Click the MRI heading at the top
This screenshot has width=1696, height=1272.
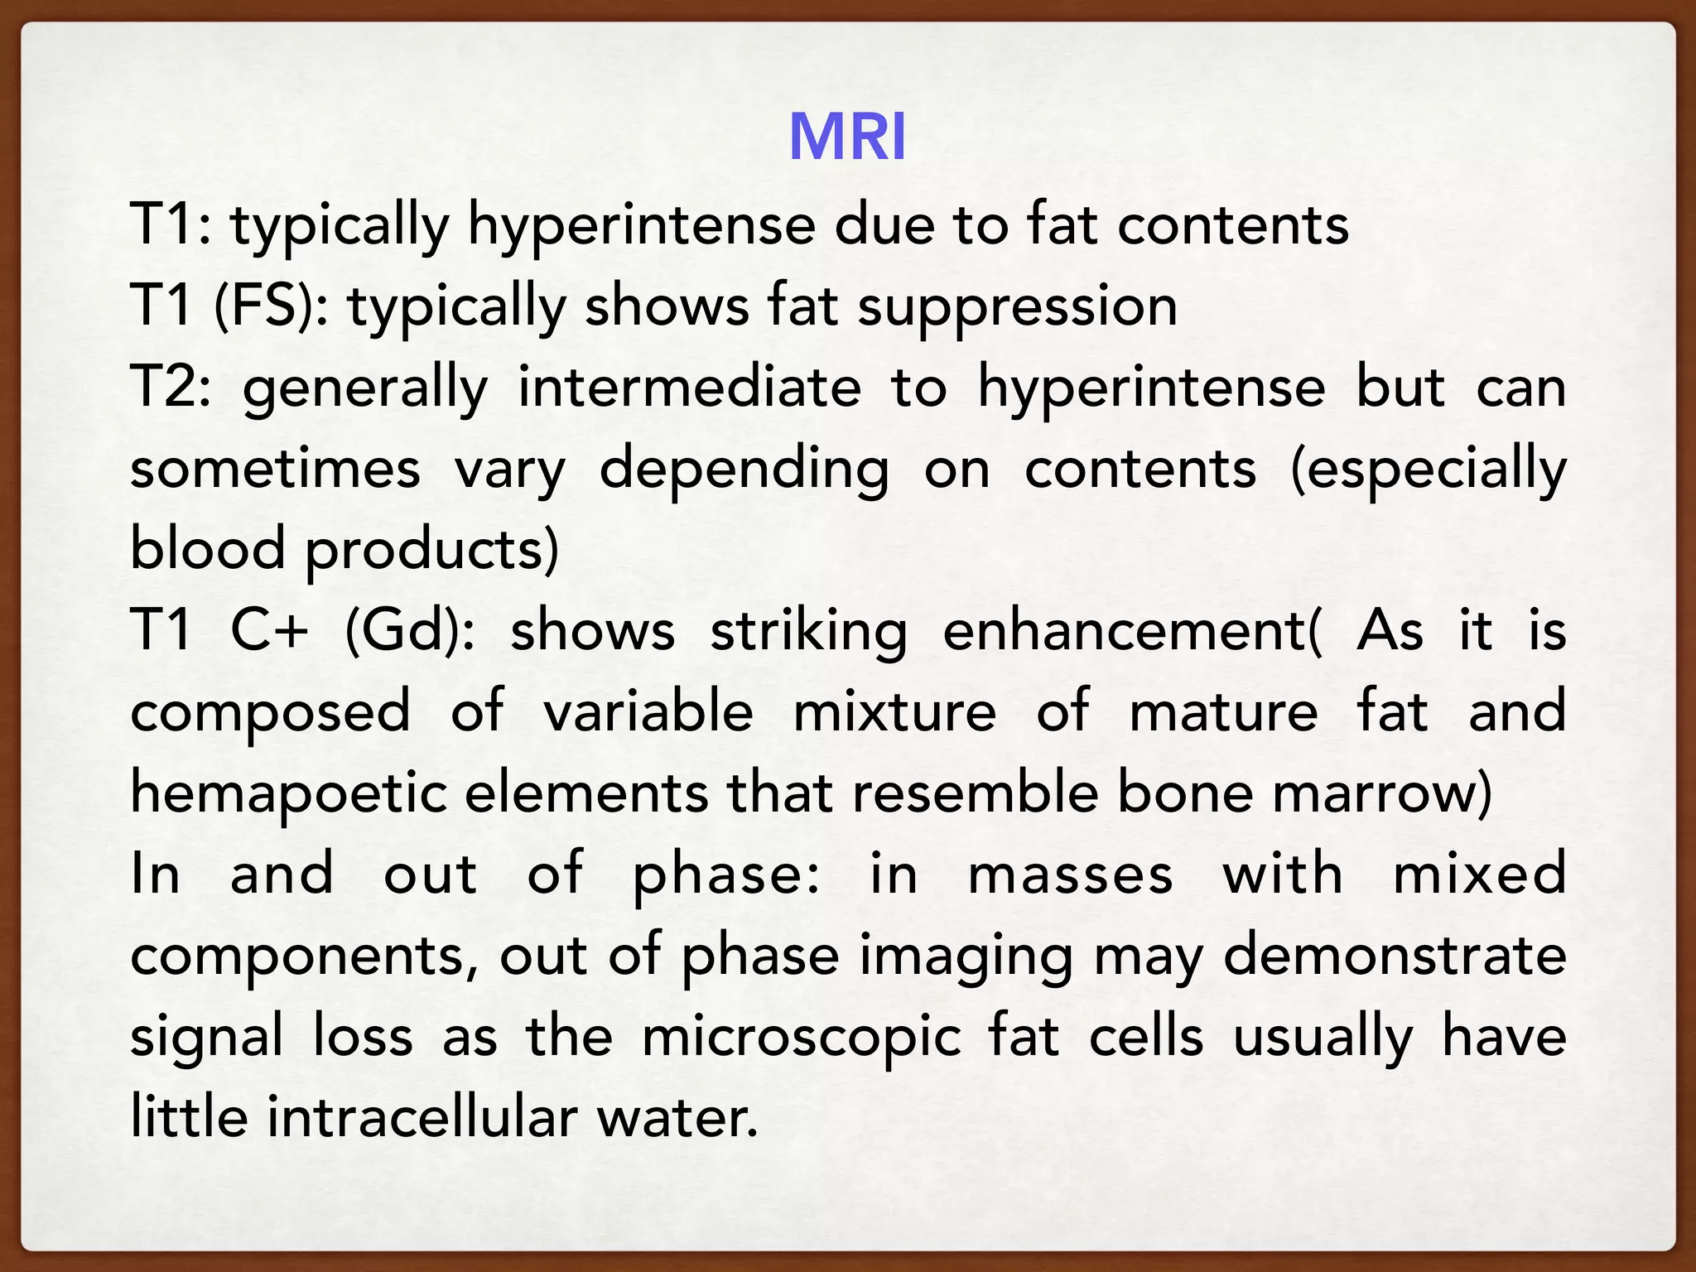(x=847, y=137)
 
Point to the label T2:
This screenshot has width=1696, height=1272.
(x=171, y=387)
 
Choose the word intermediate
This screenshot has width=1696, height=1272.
(x=689, y=387)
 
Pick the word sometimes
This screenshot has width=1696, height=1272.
(x=275, y=469)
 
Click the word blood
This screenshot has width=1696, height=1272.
(x=208, y=549)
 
